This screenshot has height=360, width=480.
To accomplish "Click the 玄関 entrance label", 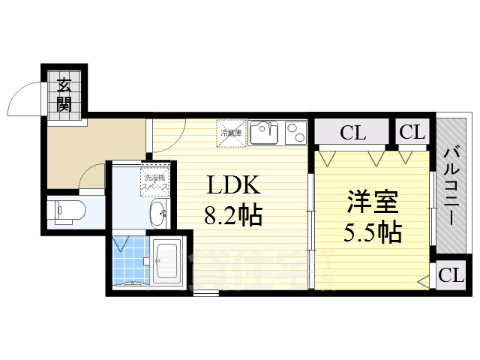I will [64, 95].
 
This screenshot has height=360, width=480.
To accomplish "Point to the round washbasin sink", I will [159, 214].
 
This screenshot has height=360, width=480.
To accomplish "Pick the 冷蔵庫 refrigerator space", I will [230, 133].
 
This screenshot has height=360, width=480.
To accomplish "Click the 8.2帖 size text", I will [232, 217].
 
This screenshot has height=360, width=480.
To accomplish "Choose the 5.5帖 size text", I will [373, 232].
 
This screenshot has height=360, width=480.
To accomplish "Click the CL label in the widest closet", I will [352, 133].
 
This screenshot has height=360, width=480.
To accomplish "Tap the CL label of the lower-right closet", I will [451, 275].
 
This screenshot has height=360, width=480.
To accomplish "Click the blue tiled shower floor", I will [130, 259].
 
